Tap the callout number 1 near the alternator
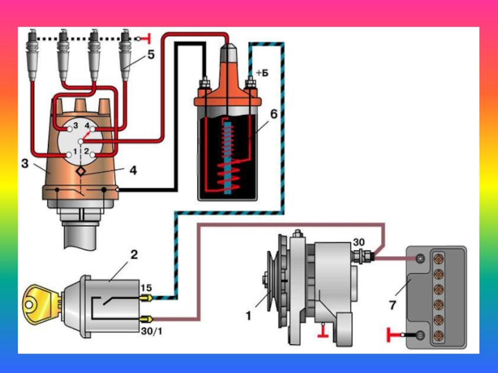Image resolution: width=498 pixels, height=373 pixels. [x=248, y=316]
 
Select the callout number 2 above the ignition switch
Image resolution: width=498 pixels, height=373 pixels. [x=133, y=254]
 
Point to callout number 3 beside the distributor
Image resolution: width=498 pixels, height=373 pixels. [x=24, y=163]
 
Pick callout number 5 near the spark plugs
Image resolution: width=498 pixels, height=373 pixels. [x=151, y=55]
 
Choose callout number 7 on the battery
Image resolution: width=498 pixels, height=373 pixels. [x=392, y=305]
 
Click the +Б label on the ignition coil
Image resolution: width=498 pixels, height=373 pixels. [x=261, y=73]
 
